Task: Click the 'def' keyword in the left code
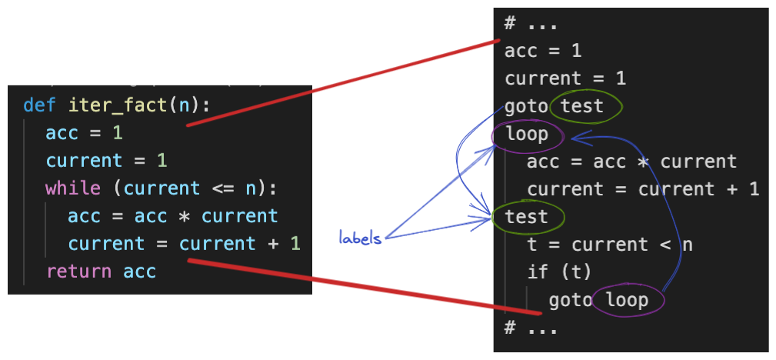(35, 105)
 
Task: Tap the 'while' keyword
(73, 188)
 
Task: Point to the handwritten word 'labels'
(360, 238)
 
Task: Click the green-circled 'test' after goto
(582, 106)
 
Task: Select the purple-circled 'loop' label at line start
(527, 135)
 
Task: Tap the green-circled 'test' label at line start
(527, 217)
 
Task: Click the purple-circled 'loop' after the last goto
(627, 300)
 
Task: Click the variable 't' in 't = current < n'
(532, 245)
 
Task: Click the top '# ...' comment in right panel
(531, 23)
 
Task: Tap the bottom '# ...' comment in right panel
(531, 328)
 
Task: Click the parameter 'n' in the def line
(185, 105)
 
